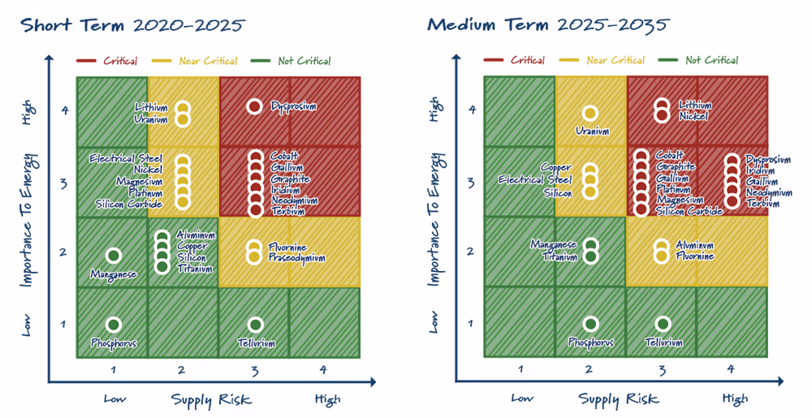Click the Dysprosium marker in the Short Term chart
(253, 106)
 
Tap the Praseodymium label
(296, 257)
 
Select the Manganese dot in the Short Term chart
(114, 255)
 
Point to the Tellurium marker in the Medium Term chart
(663, 324)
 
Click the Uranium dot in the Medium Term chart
(590, 114)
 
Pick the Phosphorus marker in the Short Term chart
(114, 325)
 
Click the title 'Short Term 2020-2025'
(132, 25)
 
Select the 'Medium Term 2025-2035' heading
(548, 24)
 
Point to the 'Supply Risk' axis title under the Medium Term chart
(618, 399)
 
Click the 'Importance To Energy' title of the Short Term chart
(29, 221)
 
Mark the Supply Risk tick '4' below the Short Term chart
(323, 370)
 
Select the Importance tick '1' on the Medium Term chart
(470, 324)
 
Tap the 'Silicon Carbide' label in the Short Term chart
(129, 204)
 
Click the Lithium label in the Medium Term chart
(695, 105)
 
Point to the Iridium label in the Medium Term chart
(760, 170)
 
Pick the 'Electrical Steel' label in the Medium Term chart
(535, 179)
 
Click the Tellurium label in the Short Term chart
(256, 343)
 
